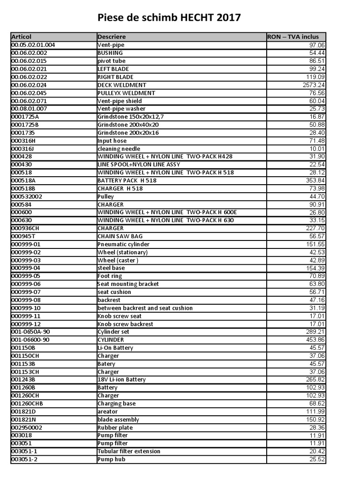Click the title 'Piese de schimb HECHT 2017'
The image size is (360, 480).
pyautogui.click(x=169, y=18)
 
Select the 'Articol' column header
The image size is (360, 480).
pyautogui.click(x=22, y=37)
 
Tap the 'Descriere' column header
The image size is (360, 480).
pyautogui.click(x=112, y=37)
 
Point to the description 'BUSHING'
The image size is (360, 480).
pyautogui.click(x=110, y=53)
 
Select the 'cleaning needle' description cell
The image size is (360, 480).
pyautogui.click(x=119, y=149)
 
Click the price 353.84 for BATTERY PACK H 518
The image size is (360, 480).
pyautogui.click(x=315, y=180)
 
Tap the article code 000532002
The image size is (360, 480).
pyautogui.click(x=27, y=196)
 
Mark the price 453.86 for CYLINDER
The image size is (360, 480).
pyautogui.click(x=315, y=340)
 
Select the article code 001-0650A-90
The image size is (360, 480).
pyautogui.click(x=30, y=332)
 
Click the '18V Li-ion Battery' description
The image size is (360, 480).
pyautogui.click(x=121, y=380)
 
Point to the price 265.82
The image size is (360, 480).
pyautogui.click(x=315, y=380)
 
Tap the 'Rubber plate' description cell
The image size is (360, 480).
pyautogui.click(x=115, y=427)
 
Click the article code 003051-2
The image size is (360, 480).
pyautogui.click(x=23, y=459)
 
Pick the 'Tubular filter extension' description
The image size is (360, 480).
pyautogui.click(x=128, y=451)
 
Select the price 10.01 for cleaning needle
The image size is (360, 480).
pyautogui.click(x=317, y=149)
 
